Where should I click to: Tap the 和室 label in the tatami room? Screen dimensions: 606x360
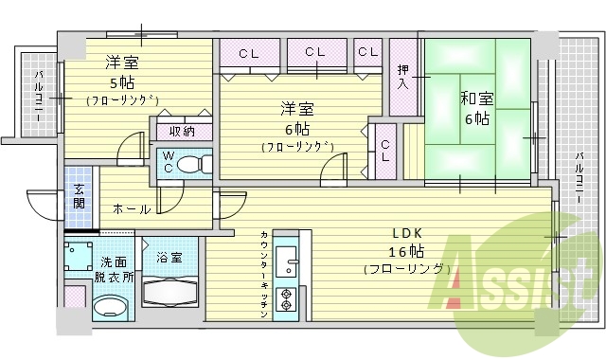(x=475, y=98)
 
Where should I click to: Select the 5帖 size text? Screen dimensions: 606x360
(x=120, y=81)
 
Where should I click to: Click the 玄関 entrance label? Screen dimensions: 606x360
(x=79, y=197)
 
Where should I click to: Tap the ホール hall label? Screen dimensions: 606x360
(x=131, y=208)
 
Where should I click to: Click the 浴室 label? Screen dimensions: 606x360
(x=169, y=257)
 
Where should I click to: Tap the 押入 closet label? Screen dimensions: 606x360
(x=402, y=76)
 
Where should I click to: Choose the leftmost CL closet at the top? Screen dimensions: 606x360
(x=249, y=53)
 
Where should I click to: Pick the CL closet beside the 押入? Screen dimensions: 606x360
(x=367, y=51)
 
